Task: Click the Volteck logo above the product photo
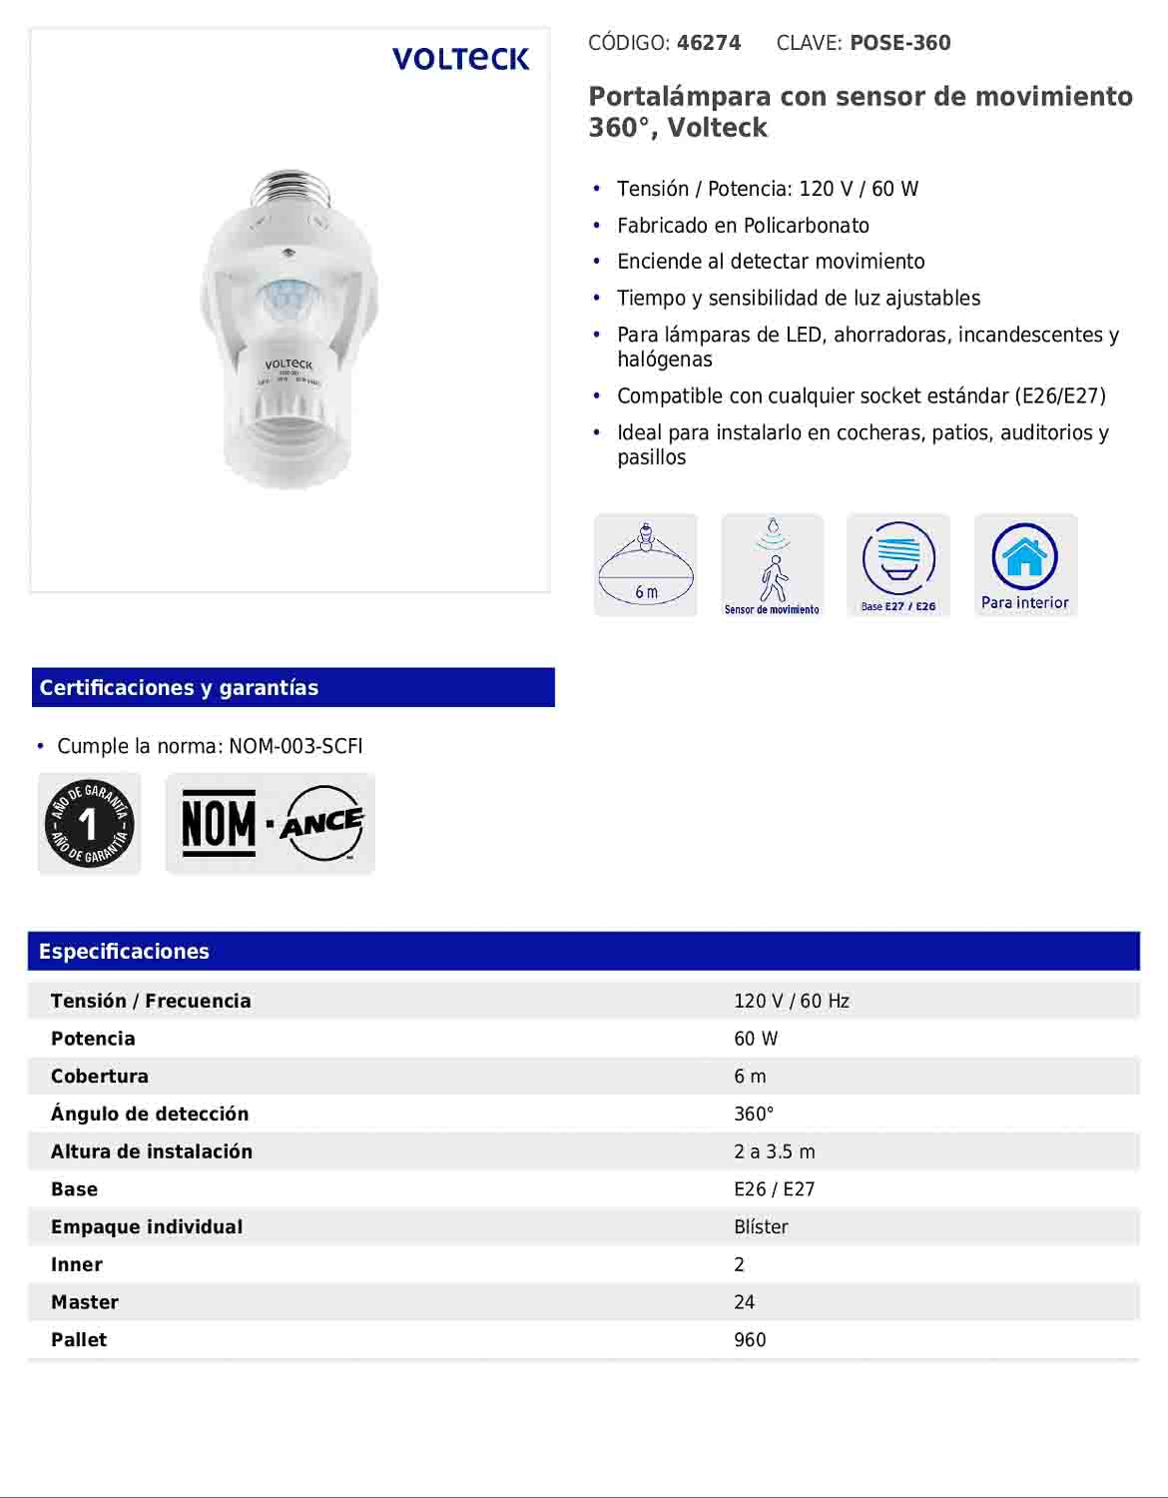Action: (x=460, y=59)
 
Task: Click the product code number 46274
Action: (x=709, y=43)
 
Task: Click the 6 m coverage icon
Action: (x=646, y=565)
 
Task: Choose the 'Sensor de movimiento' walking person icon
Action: (x=772, y=565)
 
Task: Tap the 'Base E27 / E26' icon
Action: (x=898, y=565)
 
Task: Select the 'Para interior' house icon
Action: (x=1025, y=565)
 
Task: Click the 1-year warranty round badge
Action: (x=89, y=824)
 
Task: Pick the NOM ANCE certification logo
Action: (x=271, y=824)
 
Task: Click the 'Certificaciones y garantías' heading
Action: (x=179, y=688)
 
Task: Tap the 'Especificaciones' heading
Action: (x=124, y=952)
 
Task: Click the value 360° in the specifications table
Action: (x=754, y=1115)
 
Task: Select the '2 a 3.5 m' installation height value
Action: (x=774, y=1151)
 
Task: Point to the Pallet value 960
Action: (x=750, y=1340)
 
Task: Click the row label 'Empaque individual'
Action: (x=147, y=1227)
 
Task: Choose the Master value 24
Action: (x=744, y=1302)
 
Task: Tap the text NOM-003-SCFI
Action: (x=295, y=747)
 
